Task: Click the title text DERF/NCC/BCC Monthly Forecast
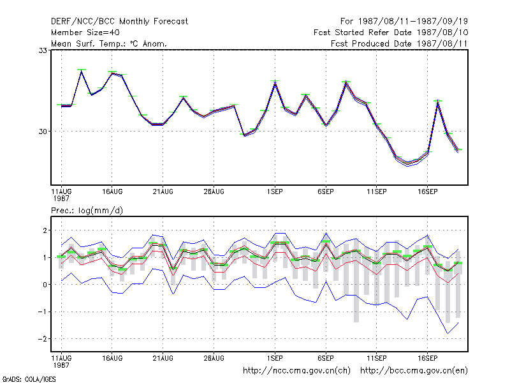119,22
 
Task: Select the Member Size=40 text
85,33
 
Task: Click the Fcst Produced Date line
399,43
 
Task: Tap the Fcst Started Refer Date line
391,33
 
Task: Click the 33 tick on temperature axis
43,50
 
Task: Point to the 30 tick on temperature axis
43,131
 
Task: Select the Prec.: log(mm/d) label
87,211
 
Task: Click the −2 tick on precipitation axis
42,339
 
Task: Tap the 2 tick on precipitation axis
45,230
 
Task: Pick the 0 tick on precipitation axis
45,285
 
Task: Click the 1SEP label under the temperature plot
275,192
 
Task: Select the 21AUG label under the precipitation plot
163,358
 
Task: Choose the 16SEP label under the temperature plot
427,192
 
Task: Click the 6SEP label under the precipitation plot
326,358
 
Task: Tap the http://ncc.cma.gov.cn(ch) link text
296,371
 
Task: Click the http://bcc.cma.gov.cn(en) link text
414,371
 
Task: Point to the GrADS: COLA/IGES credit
29,379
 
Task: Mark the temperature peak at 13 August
82,71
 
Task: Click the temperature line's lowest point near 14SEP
407,164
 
